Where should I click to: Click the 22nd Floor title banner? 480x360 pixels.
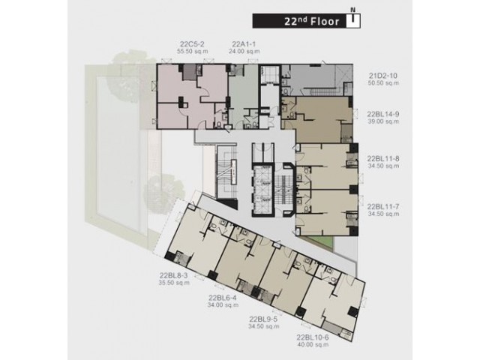click(x=306, y=21)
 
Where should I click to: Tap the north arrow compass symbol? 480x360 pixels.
click(x=353, y=19)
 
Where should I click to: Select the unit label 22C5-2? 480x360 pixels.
click(x=193, y=44)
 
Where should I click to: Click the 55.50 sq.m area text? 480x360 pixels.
click(x=193, y=52)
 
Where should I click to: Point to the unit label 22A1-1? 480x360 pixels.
click(x=244, y=44)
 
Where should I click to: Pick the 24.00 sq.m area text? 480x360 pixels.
click(x=244, y=52)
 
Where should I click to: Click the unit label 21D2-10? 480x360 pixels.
click(x=383, y=76)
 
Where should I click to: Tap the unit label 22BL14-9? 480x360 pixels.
click(x=383, y=115)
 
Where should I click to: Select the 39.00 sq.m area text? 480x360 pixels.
click(x=383, y=121)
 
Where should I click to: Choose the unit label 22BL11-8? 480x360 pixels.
click(x=383, y=159)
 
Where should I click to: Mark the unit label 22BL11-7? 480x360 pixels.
click(x=383, y=207)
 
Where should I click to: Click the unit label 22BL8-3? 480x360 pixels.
click(x=174, y=275)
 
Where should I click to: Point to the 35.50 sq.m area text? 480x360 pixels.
click(x=174, y=283)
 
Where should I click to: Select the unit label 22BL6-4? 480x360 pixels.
click(x=223, y=298)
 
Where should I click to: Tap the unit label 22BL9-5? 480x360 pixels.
click(x=263, y=319)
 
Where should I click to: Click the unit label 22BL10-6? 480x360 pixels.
click(x=313, y=337)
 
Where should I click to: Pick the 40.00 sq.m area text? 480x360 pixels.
click(x=313, y=345)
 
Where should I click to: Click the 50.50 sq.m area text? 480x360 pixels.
click(x=383, y=83)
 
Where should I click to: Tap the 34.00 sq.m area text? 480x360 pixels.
click(x=223, y=305)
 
